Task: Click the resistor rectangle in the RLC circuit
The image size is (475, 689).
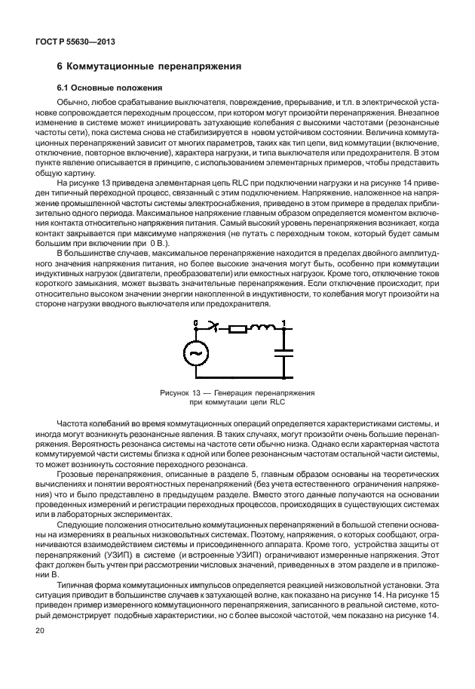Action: (x=238, y=329)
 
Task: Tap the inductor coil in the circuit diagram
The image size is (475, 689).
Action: (x=263, y=328)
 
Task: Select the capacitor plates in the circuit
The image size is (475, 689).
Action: (x=285, y=351)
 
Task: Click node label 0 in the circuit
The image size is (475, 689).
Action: (x=196, y=322)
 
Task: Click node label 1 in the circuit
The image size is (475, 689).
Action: (x=283, y=323)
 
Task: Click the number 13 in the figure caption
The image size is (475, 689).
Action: (x=196, y=393)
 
